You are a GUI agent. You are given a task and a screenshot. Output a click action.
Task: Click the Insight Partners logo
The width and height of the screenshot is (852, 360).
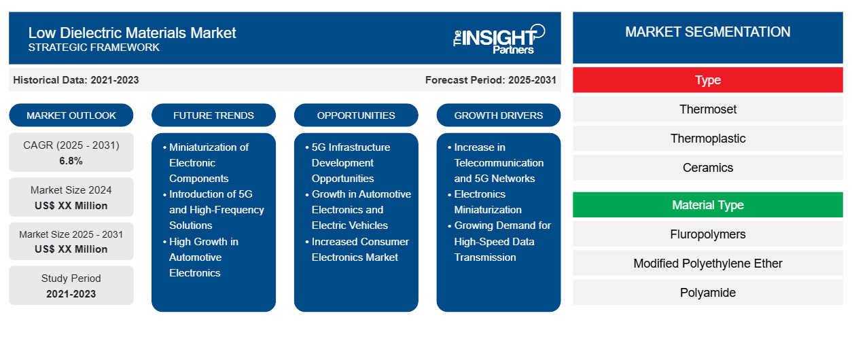coord(499,38)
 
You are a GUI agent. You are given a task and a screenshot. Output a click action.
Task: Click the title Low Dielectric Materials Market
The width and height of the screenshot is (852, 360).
coord(132,32)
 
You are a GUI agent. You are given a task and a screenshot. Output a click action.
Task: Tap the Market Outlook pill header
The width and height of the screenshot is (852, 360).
coord(71,115)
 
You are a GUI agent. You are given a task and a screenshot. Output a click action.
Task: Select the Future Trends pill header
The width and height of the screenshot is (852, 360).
coord(213,115)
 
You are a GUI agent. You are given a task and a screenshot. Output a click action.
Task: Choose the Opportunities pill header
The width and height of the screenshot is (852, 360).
coord(356,115)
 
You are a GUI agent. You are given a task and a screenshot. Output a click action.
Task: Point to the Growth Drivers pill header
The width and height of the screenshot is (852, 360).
coord(499,115)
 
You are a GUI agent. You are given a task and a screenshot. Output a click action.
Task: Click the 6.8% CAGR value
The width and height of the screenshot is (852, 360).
coord(71,161)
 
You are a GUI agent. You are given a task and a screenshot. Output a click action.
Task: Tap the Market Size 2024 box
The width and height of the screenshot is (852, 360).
coord(71,198)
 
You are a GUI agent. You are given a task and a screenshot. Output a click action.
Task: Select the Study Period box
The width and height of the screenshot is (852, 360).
coord(71,286)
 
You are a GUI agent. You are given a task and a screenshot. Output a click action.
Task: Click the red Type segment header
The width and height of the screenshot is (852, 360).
coord(707,80)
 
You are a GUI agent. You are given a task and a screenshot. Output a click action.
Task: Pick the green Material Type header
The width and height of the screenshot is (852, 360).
coord(707,205)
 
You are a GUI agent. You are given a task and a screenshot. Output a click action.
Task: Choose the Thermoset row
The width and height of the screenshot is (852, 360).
coord(707,109)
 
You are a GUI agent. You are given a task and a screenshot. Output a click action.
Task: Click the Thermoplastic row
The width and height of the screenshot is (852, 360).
coord(707,139)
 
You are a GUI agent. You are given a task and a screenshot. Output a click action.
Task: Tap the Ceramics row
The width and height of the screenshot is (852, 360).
coord(707,168)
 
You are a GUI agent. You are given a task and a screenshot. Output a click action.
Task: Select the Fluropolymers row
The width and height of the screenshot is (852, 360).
coord(707,234)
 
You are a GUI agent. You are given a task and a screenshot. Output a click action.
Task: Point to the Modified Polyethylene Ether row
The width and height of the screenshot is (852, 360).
coord(707,264)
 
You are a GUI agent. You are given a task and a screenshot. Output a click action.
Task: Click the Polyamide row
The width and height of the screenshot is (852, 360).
coord(707,293)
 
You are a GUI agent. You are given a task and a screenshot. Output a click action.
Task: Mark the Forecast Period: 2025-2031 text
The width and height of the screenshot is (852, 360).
coord(491,80)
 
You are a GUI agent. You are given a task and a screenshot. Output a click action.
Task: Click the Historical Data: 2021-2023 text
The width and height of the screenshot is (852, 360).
coord(76,80)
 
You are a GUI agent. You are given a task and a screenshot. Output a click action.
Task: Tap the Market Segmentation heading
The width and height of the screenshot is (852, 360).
coord(707,32)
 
